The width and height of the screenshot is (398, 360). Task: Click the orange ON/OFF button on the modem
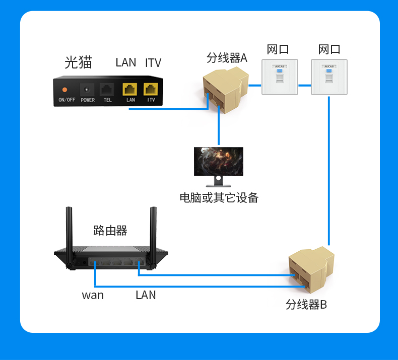[x=64, y=90]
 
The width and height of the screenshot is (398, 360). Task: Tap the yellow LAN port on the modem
[x=130, y=90]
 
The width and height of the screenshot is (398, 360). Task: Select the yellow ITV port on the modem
[x=151, y=90]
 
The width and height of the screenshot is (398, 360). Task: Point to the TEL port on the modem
[x=107, y=90]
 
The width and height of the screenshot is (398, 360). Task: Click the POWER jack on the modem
[x=87, y=90]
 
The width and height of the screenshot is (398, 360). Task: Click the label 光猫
[x=79, y=62]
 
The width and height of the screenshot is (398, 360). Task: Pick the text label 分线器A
[x=227, y=58]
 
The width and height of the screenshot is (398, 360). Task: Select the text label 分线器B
[x=306, y=305]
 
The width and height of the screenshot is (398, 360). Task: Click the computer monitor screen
[x=219, y=161]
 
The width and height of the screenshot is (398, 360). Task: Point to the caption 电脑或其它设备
[x=219, y=197]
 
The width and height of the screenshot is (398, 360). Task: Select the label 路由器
[x=110, y=231]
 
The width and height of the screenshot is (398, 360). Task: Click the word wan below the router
[x=93, y=295]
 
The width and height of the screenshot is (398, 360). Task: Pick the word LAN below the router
[x=146, y=295]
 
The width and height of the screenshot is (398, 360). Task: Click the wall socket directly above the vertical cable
[x=329, y=77]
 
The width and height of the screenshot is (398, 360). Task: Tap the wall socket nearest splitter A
[x=280, y=77]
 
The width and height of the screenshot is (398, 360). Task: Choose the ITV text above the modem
[x=153, y=63]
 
